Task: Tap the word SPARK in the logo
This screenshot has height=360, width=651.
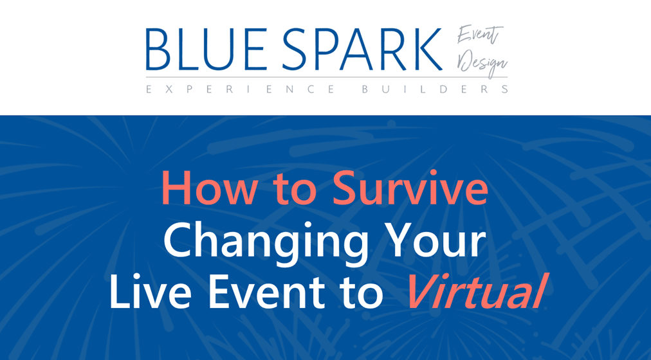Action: (x=362, y=50)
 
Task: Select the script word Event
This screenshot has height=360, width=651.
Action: (x=480, y=35)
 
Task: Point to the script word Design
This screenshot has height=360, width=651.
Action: (x=482, y=64)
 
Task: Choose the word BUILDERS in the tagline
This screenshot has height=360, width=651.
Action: (x=435, y=89)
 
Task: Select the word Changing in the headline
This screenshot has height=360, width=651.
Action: (x=266, y=242)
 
